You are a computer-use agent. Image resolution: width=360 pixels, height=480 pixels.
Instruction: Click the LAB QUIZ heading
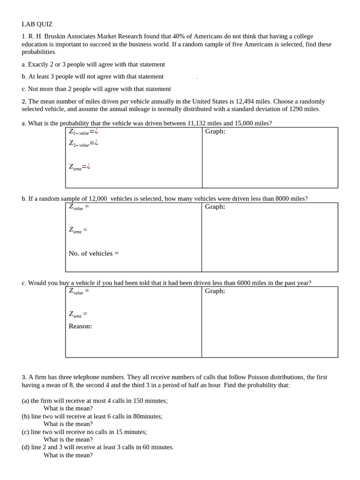[x=37, y=24]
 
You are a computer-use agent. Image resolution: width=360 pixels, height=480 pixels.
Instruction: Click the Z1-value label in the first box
[x=79, y=132]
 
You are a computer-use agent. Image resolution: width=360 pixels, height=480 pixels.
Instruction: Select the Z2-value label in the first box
[x=79, y=144]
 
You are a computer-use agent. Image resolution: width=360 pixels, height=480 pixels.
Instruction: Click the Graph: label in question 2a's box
[x=215, y=131]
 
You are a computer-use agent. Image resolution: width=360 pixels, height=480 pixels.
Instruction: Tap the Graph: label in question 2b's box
[x=215, y=207]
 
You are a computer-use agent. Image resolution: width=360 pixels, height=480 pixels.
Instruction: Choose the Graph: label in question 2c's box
[x=215, y=291]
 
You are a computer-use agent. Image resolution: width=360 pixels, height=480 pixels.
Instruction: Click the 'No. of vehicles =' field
[x=94, y=254]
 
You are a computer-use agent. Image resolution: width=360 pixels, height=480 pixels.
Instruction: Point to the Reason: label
[x=80, y=326]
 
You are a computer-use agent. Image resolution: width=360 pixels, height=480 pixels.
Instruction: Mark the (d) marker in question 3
[x=25, y=447]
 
